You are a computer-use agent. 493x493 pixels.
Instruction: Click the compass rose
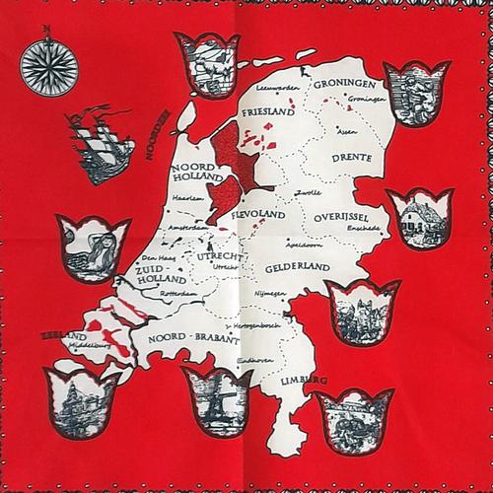47,66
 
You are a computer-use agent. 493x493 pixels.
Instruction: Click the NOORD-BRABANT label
193,338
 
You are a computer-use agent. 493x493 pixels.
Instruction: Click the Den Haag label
145,257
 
